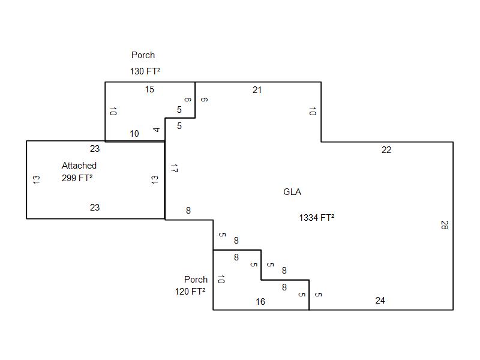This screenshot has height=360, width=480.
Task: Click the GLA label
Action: [292, 192]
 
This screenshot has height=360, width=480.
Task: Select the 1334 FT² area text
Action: [316, 218]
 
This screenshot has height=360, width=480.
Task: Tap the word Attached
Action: [79, 166]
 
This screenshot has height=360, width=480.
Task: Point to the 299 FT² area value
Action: [77, 178]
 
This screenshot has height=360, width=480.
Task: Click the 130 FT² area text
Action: [145, 71]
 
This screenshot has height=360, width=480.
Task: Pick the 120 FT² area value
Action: [190, 291]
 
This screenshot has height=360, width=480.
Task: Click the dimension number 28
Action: [444, 226]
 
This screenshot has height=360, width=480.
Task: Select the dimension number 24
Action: [380, 301]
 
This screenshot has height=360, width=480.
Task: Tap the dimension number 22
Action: [386, 150]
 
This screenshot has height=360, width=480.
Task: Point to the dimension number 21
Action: [257, 90]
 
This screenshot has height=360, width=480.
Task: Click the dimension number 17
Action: [174, 169]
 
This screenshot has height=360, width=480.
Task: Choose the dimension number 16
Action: [260, 302]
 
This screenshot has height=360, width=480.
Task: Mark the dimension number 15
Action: [149, 89]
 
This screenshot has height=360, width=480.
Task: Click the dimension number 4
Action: [156, 130]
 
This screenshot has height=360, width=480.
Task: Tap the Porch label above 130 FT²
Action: [143, 55]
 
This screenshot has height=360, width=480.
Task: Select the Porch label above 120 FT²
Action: [196, 279]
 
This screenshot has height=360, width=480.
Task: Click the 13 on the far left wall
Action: [36, 179]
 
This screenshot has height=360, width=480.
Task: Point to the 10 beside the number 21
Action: [312, 112]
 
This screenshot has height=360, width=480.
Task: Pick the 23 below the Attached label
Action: [95, 208]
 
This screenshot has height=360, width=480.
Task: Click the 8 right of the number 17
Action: [188, 211]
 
